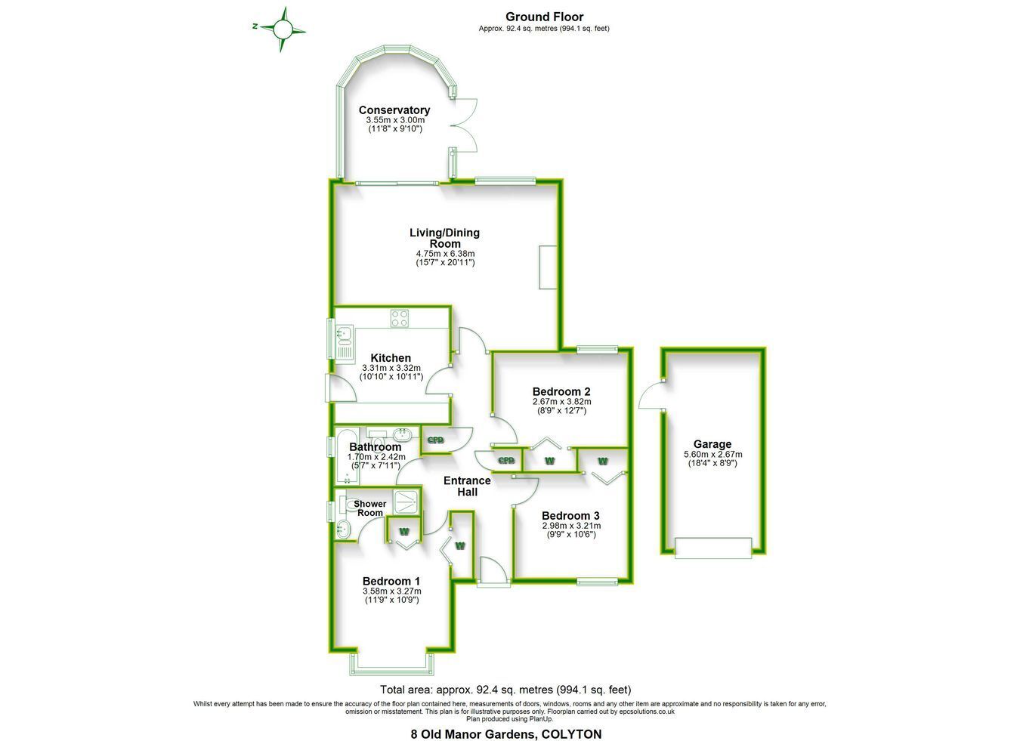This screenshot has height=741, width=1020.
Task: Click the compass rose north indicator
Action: coord(255,26)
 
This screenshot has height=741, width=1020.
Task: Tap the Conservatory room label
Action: coord(394,110)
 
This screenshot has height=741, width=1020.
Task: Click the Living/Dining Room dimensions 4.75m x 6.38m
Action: coord(445,254)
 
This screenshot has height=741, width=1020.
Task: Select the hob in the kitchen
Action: coord(400,318)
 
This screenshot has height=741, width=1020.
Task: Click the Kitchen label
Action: coord(391,358)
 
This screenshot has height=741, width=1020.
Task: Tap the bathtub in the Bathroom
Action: coord(347,456)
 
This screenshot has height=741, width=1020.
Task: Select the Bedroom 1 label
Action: coord(391,581)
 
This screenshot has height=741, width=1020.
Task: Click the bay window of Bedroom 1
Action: coord(391,664)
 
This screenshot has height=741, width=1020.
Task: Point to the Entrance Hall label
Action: coord(467,486)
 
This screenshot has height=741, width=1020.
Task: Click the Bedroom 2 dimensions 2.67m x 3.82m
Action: coord(562,402)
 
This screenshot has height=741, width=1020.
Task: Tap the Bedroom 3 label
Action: coord(570,516)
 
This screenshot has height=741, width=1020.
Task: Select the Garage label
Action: coord(712,444)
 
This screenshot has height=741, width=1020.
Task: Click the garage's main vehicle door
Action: coord(713,548)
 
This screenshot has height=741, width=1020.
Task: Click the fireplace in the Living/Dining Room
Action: coord(548,267)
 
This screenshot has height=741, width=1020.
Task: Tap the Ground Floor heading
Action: coord(544,17)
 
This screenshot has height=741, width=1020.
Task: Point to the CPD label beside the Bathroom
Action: coord(435,440)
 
